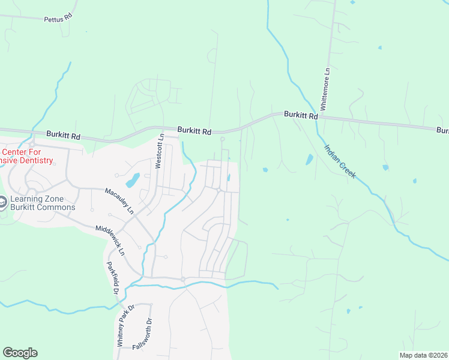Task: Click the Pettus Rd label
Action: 58,19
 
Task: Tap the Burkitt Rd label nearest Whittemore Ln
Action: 300,114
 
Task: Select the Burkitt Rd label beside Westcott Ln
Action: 194,130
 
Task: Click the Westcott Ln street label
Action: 160,151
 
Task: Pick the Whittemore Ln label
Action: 325,88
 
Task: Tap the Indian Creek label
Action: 340,161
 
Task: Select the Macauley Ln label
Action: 119,200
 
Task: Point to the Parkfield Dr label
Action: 111,278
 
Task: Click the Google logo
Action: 20,353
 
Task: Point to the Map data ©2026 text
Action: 423,355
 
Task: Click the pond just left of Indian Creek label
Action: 309,160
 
